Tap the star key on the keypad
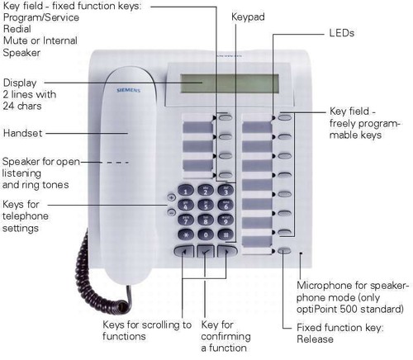(x=185, y=234)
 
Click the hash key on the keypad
(x=225, y=234)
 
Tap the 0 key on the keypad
(x=206, y=234)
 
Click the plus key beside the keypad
(x=171, y=197)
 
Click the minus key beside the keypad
(x=171, y=212)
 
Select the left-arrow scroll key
(x=184, y=251)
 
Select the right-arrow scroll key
(x=227, y=251)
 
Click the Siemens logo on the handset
(x=129, y=90)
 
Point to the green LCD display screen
(x=230, y=83)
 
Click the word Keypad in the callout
(x=248, y=17)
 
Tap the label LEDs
(x=341, y=33)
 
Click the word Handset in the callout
(x=22, y=133)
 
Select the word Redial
(x=17, y=29)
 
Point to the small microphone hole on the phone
(x=301, y=253)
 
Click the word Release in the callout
(x=315, y=339)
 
